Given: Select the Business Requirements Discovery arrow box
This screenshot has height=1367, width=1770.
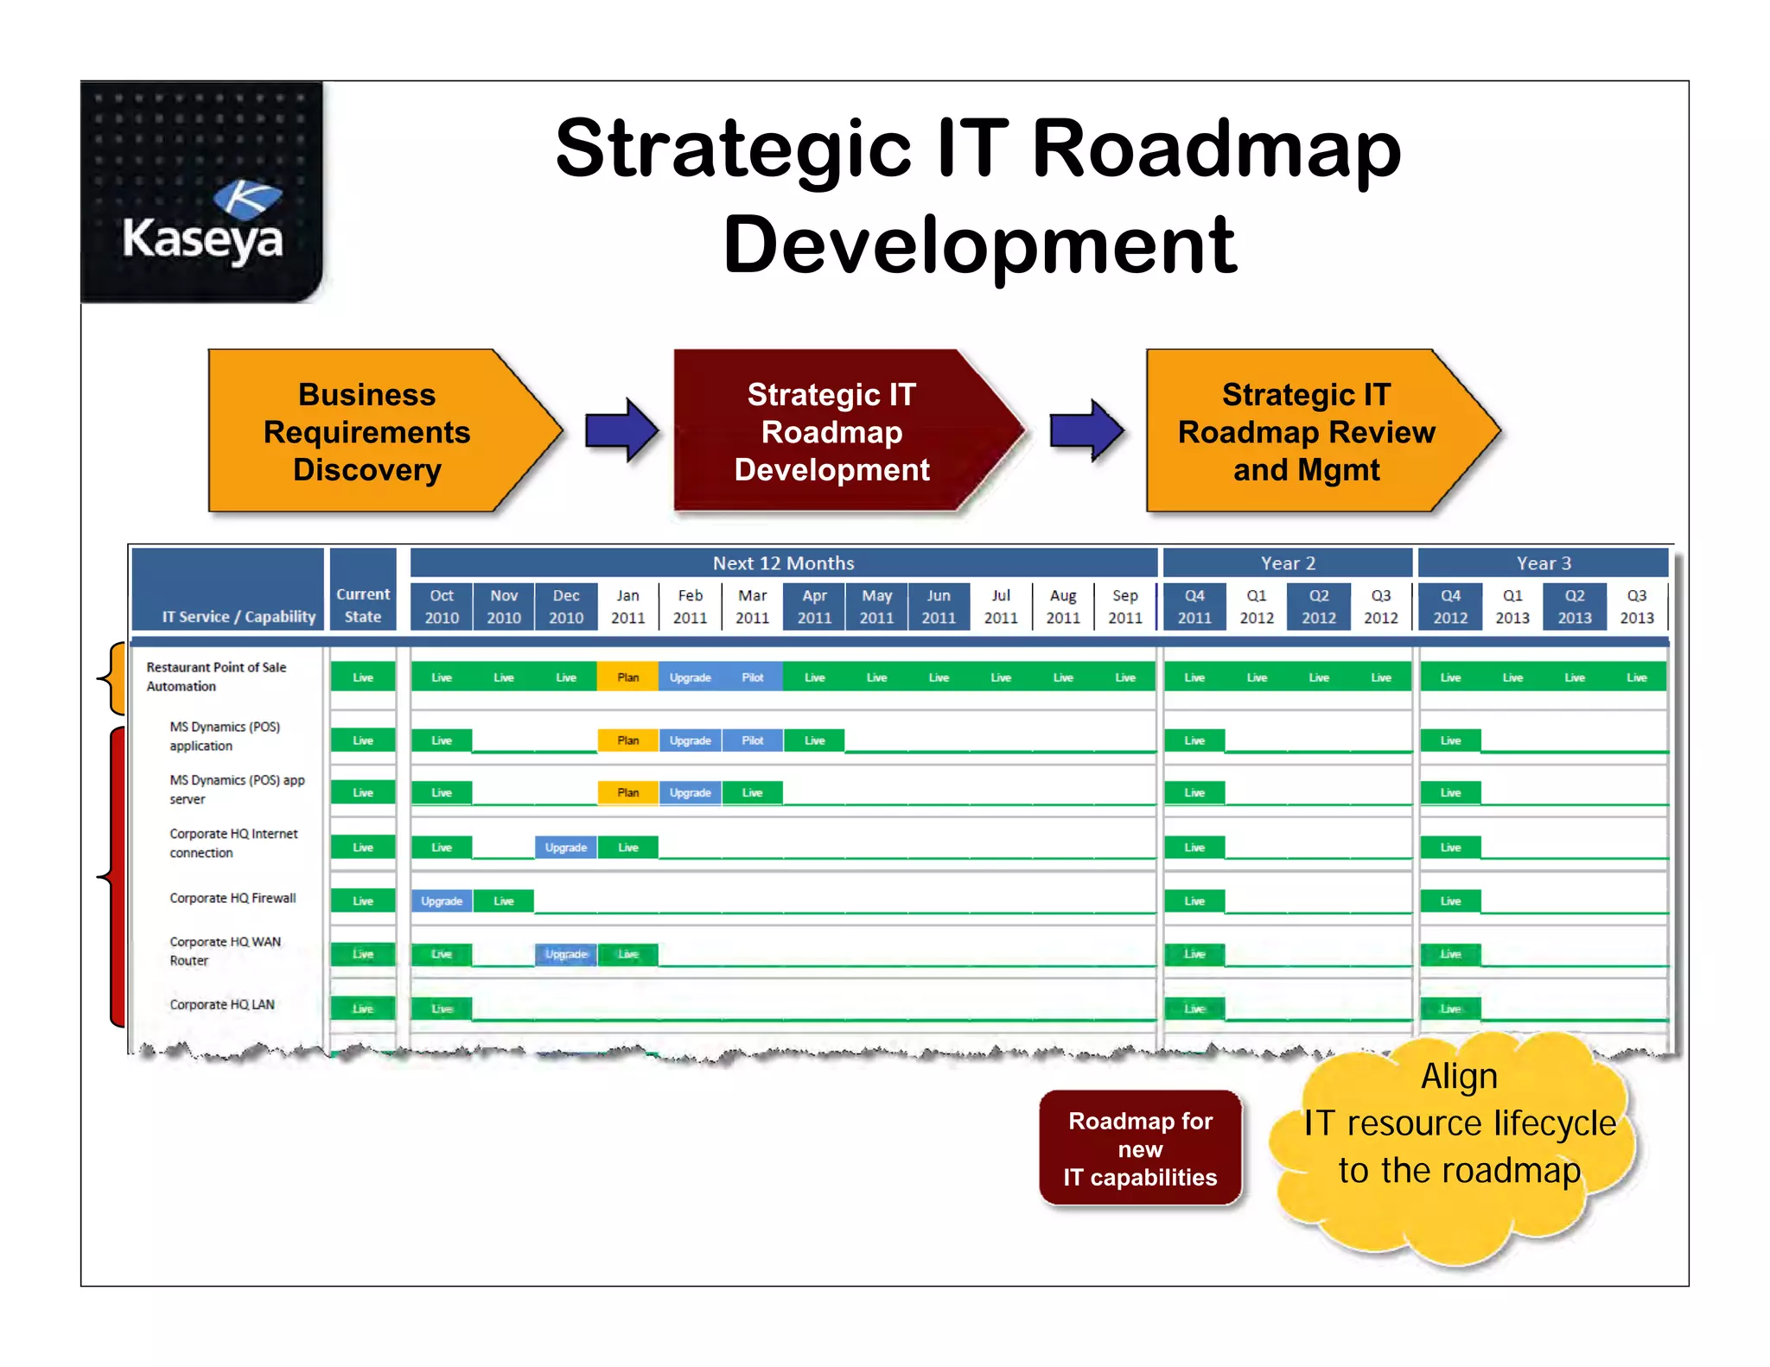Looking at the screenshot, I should point(367,431).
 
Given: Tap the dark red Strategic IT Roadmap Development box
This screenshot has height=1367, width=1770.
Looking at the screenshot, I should point(831,431).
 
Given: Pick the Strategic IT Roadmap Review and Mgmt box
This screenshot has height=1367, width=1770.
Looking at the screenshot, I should point(1306,431).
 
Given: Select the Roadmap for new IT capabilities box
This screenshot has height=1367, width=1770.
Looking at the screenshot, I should point(1140,1148).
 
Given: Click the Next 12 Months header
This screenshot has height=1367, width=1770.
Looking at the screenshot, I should point(783,563).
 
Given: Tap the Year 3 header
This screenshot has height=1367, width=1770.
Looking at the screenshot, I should point(1544,563).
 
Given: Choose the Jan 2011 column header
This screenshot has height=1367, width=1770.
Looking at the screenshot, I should point(628,607).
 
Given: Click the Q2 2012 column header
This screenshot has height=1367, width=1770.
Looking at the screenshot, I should point(1319,607).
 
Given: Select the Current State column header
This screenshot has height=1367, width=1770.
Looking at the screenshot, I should point(363,605).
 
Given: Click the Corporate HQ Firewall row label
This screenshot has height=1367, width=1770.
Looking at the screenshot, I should point(232,899).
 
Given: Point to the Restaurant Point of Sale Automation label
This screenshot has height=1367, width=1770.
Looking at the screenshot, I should point(216,677).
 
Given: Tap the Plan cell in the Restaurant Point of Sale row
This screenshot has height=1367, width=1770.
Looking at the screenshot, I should point(628,677).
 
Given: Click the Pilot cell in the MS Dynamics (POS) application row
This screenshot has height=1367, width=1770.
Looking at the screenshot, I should point(753,741).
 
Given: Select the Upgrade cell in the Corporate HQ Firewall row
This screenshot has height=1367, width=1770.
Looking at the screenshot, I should point(442,901).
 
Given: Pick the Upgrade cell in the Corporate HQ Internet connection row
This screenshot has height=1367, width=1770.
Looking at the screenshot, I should point(566,848).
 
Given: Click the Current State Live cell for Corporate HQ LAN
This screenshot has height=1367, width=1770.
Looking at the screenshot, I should point(363,1008).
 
